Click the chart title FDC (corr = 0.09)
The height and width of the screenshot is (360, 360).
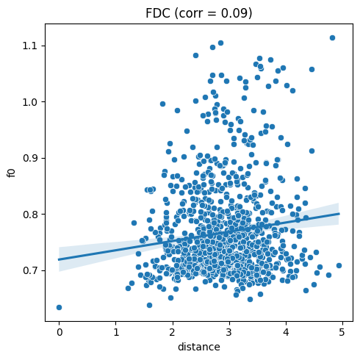tap(199, 13)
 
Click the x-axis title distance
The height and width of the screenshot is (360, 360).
tap(199, 347)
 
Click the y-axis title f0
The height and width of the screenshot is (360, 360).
tap(12, 173)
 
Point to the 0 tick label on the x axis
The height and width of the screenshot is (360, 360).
tap(59, 332)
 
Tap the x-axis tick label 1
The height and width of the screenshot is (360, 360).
tap(116, 332)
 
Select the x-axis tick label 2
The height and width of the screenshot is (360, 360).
tap(173, 332)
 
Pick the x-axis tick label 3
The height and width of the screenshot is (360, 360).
tap(229, 332)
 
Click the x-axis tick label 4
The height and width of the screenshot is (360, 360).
tap(286, 332)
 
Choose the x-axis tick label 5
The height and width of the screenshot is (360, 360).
tap(342, 332)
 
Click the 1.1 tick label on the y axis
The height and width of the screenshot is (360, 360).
tap(31, 46)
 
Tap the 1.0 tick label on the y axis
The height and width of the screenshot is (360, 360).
tap(31, 102)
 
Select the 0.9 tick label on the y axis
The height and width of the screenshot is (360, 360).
tap(31, 158)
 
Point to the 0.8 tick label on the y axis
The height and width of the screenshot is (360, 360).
tap(31, 215)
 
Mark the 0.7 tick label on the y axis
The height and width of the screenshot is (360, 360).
tap(31, 270)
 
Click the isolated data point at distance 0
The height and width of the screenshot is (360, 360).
tap(59, 307)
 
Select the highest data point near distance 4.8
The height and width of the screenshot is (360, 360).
tap(332, 37)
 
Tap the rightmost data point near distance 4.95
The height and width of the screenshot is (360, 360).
tap(339, 265)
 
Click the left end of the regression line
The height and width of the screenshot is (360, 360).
tap(59, 259)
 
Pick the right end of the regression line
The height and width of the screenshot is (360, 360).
tap(339, 214)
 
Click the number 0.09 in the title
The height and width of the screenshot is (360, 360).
tap(235, 13)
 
